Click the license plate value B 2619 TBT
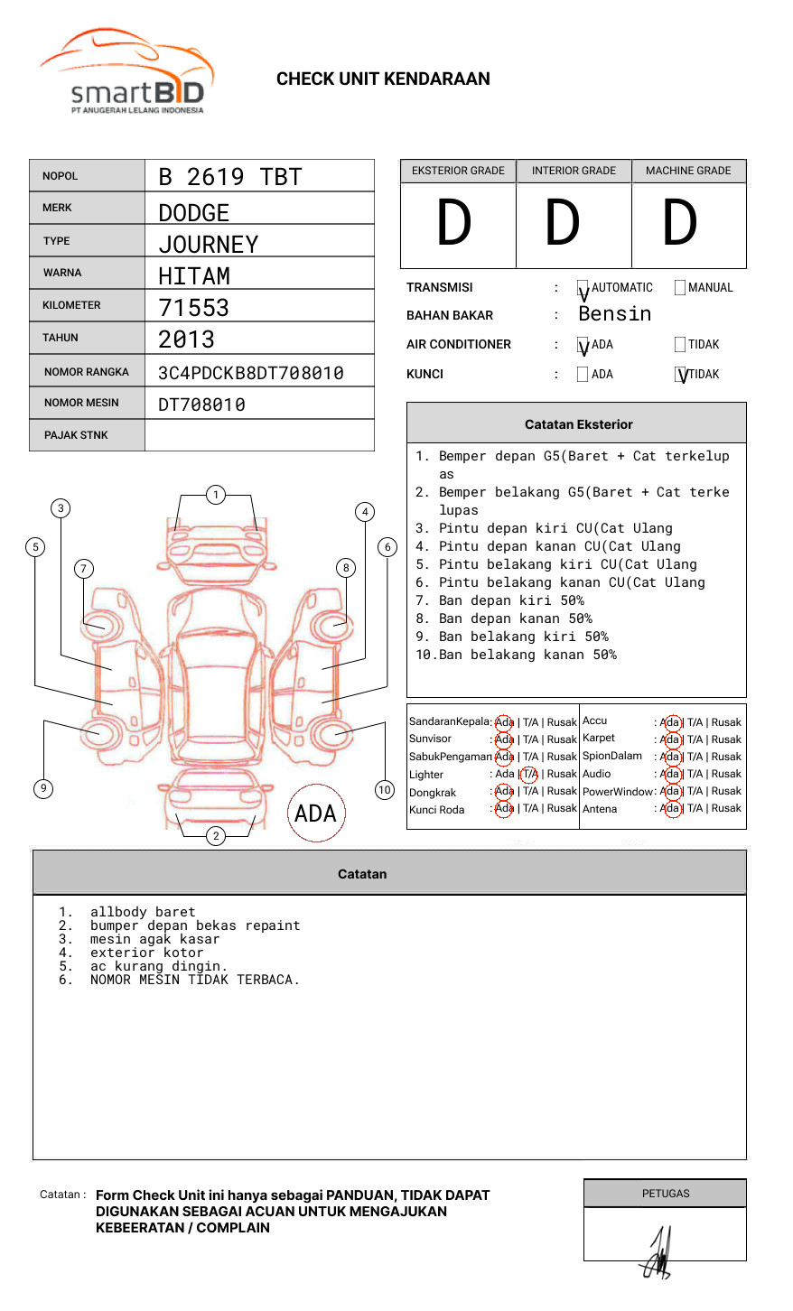pyautogui.click(x=229, y=177)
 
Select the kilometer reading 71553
pyautogui.click(x=193, y=308)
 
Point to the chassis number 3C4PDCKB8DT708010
pyautogui.click(x=250, y=373)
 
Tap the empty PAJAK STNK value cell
pyautogui.click(x=259, y=435)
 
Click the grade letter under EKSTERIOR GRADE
pyautogui.click(x=454, y=224)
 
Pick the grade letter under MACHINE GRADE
pyautogui.click(x=680, y=224)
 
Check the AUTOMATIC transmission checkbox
pyautogui.click(x=583, y=288)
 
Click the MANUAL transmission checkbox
pyautogui.click(x=680, y=287)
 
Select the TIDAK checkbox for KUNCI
pyautogui.click(x=681, y=375)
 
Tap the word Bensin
pyautogui.click(x=614, y=314)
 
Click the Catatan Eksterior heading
pyautogui.click(x=578, y=424)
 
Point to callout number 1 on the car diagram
pyautogui.click(x=215, y=494)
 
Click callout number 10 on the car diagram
pyautogui.click(x=385, y=790)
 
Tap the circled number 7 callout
pyautogui.click(x=83, y=568)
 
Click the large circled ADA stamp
pyautogui.click(x=316, y=813)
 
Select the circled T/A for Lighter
pyautogui.click(x=529, y=774)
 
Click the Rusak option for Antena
pyautogui.click(x=726, y=808)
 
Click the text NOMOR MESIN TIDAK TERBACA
pyautogui.click(x=194, y=980)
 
